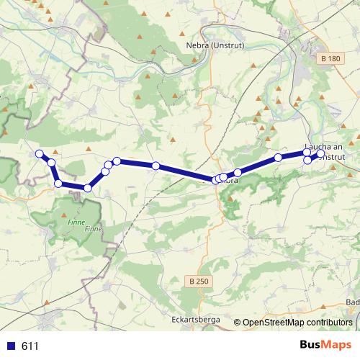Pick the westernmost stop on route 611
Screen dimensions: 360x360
coord(40,153)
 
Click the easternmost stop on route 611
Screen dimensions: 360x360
coord(321,153)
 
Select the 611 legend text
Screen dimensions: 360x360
coord(30,346)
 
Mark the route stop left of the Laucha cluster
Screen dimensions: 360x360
coord(278,158)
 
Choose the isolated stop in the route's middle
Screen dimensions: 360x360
coord(156,166)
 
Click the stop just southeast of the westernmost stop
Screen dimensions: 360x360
coord(51,163)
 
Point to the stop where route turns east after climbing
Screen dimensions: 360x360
coord(116,161)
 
